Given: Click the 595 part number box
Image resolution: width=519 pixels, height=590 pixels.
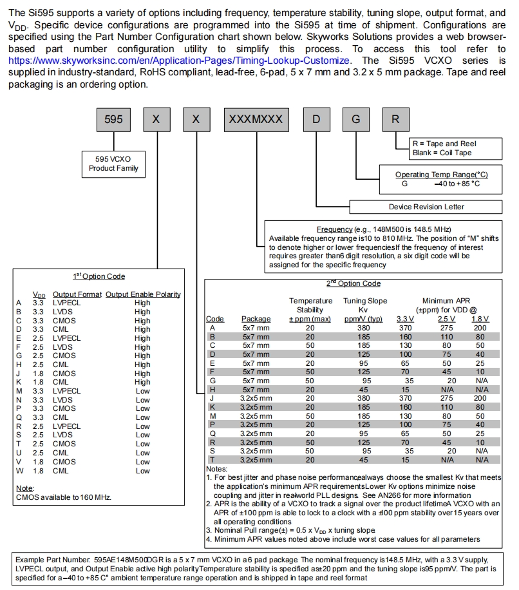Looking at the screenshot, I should [113, 120].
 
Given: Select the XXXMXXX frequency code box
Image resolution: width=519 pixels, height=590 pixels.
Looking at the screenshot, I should [256, 120].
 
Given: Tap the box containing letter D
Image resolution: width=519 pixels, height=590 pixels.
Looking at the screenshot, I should [317, 120].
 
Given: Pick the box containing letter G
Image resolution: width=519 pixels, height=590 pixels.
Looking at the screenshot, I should [356, 120].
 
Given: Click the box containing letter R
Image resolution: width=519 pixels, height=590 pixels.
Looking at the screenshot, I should [395, 120].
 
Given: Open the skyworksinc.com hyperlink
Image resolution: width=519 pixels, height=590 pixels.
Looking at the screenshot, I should [180, 60].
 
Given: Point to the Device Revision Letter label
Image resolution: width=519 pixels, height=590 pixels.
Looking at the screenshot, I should [426, 207].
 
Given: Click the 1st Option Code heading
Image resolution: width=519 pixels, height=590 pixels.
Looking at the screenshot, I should [99, 276].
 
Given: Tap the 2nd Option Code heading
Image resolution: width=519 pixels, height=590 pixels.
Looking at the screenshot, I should [354, 283].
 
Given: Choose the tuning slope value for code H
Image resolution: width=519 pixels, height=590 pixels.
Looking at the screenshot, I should [364, 389].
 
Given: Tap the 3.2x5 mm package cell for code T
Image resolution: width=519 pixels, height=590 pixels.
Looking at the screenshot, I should [256, 459].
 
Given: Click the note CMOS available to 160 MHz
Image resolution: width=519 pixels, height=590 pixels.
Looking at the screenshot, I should [63, 497].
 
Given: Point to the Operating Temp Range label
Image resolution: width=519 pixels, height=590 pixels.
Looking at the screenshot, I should [441, 175].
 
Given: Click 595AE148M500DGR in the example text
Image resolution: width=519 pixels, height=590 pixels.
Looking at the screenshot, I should [129, 560].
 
